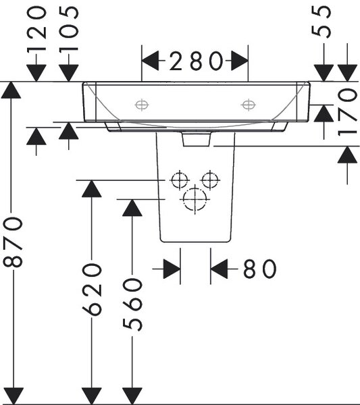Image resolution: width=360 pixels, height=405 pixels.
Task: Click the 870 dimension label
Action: [12, 242]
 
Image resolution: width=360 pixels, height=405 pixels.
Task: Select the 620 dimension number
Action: [92, 290]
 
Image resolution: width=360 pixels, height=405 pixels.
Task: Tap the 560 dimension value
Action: [132, 305]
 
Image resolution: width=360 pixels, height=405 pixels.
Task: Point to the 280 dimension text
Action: [196, 61]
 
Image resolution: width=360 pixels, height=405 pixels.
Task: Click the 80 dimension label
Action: [259, 269]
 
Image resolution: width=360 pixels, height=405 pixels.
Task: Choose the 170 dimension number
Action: [348, 112]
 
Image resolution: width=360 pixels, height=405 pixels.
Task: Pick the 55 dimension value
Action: [322, 22]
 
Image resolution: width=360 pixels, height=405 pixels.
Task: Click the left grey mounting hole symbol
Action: [142, 105]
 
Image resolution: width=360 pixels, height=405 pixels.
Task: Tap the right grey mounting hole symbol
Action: [249, 105]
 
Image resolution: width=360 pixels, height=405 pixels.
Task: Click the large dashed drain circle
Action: [195, 199]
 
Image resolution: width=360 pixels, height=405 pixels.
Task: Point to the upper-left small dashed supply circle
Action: [180, 180]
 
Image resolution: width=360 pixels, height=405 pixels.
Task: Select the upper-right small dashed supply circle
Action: [210, 180]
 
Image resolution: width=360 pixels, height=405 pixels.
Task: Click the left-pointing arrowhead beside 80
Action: [219, 269]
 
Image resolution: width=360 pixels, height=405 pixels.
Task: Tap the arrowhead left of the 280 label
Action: [150, 61]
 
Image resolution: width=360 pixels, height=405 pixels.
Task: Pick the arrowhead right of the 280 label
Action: [240, 61]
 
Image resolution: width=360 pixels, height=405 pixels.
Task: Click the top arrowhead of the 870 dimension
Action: [11, 90]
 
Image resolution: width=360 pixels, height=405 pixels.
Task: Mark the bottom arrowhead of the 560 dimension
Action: [132, 396]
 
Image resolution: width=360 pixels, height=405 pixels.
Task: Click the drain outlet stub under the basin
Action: [196, 139]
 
